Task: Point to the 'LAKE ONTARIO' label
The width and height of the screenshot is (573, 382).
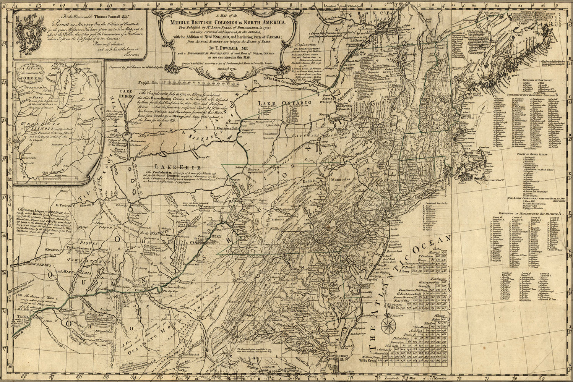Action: pyautogui.click(x=284, y=103)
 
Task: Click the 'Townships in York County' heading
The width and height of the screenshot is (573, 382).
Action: pyautogui.click(x=539, y=81)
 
